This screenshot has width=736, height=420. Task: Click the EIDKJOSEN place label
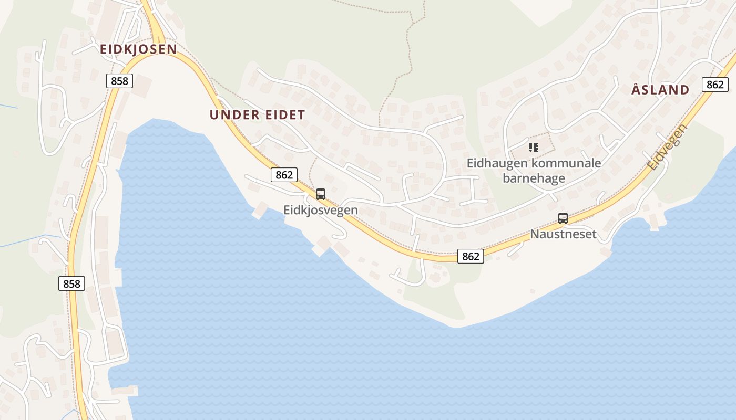pos(138,49)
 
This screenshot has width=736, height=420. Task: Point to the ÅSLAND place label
pos(660,90)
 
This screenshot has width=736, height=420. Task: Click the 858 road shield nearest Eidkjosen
pos(119,81)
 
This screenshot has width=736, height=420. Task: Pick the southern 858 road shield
pos(71,284)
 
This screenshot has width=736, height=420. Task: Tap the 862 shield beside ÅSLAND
pos(715,85)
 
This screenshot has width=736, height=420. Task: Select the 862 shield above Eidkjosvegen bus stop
pos(284,175)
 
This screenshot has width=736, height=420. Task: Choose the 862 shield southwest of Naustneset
pos(471,256)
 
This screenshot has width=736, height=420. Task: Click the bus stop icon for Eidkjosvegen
pos(321,194)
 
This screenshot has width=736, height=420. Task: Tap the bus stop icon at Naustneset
pos(563,218)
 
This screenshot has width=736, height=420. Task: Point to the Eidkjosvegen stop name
pos(321,210)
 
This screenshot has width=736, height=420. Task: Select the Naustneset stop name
pos(563,234)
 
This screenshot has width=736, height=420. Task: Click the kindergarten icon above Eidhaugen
pos(534,148)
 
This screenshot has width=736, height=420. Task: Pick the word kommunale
pos(566,163)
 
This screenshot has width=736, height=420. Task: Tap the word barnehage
pos(534,178)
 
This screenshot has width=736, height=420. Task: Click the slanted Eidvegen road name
pos(662,147)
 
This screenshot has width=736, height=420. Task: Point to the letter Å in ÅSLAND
pos(636,89)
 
